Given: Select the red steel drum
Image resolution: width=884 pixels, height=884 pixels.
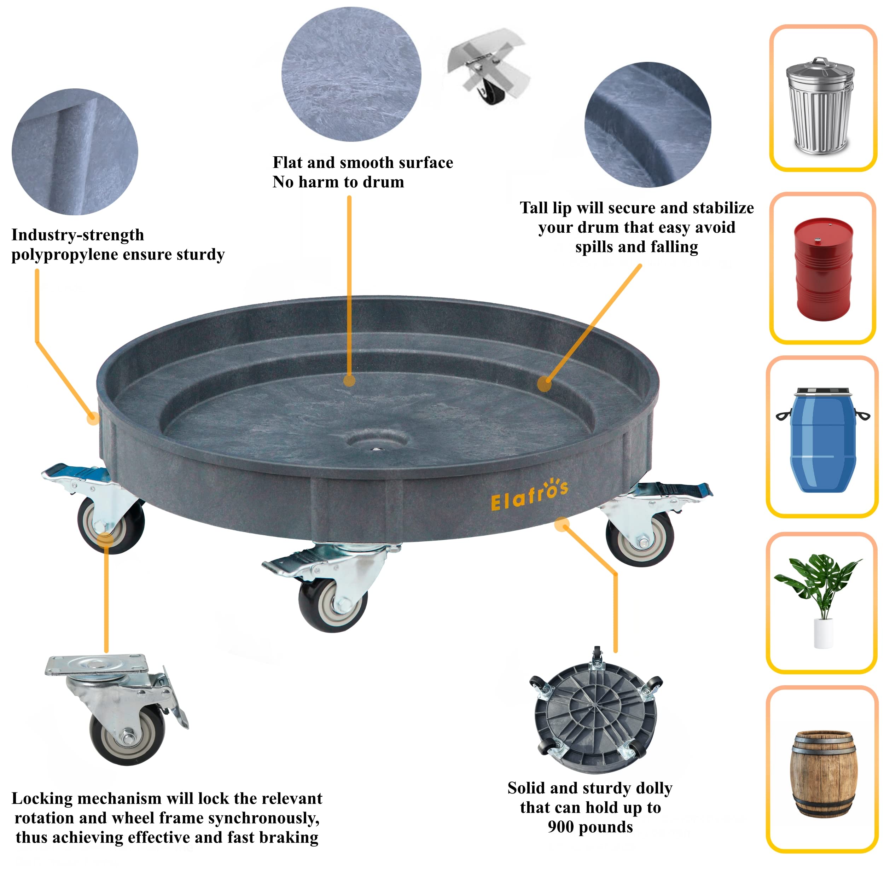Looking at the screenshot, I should [x=823, y=269].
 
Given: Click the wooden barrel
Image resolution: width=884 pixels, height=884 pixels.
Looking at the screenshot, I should [x=823, y=773].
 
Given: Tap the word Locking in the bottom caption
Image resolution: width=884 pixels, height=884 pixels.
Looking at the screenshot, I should [x=42, y=799].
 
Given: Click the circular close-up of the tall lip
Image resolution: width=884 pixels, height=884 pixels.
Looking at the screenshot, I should [x=647, y=124].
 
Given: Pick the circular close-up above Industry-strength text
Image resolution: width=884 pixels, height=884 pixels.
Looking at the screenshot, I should [x=75, y=152].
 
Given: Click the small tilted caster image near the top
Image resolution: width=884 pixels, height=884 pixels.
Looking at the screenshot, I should [x=488, y=66].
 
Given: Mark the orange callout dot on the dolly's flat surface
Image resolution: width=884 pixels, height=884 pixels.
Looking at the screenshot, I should [x=349, y=381].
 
